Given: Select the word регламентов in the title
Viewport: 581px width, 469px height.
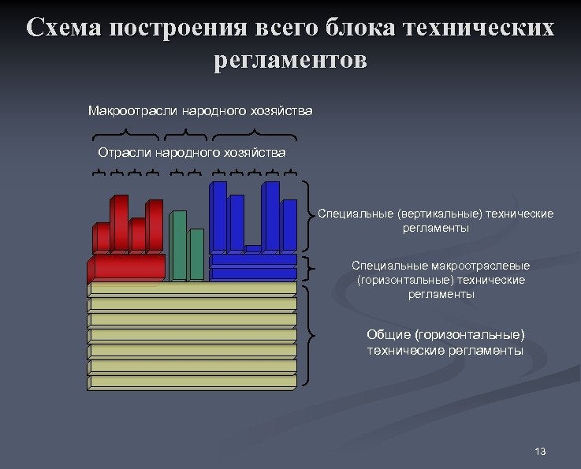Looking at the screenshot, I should click(x=290, y=60).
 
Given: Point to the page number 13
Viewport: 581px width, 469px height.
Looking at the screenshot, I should click(x=540, y=452).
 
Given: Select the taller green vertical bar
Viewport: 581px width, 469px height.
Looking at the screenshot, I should click(x=179, y=244).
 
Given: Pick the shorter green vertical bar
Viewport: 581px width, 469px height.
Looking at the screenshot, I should click(x=196, y=254).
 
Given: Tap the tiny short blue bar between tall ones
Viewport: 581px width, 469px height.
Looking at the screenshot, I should click(x=252, y=249).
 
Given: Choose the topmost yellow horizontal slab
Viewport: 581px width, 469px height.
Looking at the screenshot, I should click(x=192, y=288).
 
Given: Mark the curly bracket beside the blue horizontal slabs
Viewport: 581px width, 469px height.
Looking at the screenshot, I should click(x=309, y=267).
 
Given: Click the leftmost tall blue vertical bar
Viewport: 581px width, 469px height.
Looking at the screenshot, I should click(x=218, y=217).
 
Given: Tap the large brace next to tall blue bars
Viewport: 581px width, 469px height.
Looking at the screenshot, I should click(x=309, y=214).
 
